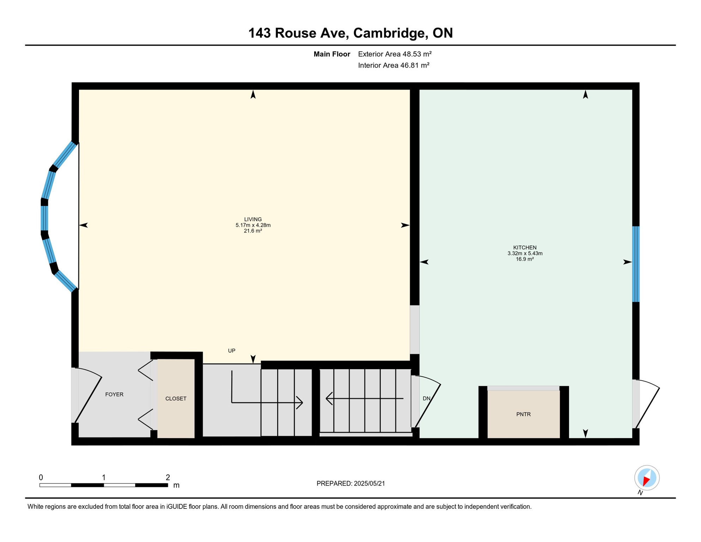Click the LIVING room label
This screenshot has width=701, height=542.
click(253, 219)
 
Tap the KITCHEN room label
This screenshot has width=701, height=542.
click(525, 248)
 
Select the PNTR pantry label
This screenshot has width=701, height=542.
click(523, 414)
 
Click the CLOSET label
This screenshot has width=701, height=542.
click(176, 399)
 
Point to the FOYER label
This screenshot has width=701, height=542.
click(114, 395)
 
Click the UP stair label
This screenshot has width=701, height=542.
click(231, 351)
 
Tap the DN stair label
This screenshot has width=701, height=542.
click(426, 398)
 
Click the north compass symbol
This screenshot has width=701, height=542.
click(647, 478)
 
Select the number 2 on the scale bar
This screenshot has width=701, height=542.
click(168, 477)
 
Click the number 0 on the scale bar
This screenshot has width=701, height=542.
click(41, 477)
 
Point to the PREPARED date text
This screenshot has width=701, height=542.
click(350, 483)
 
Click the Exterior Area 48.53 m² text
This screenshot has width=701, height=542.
click(395, 54)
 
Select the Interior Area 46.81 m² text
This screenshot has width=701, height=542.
click(394, 65)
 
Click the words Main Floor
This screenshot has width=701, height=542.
click(332, 54)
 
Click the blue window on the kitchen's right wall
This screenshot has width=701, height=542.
click(635, 264)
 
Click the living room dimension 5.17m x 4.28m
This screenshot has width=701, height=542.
click(253, 225)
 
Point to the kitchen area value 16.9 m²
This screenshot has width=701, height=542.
click(525, 259)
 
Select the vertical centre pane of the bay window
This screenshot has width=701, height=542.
click(44, 218)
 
